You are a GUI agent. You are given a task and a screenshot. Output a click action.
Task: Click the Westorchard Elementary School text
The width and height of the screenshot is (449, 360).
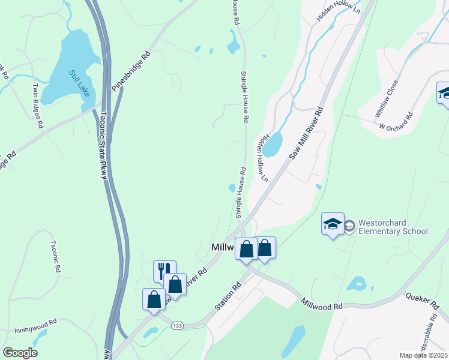tap(393, 227)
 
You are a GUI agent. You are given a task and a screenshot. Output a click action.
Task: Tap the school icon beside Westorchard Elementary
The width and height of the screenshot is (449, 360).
tap(333, 224)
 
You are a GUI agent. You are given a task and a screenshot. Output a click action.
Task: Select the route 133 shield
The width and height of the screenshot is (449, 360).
tap(177, 325)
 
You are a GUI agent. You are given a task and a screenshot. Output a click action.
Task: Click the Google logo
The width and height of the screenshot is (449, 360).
tap(20, 353)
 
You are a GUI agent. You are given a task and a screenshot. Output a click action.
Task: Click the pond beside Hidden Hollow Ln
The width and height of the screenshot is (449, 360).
tap(273, 145)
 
